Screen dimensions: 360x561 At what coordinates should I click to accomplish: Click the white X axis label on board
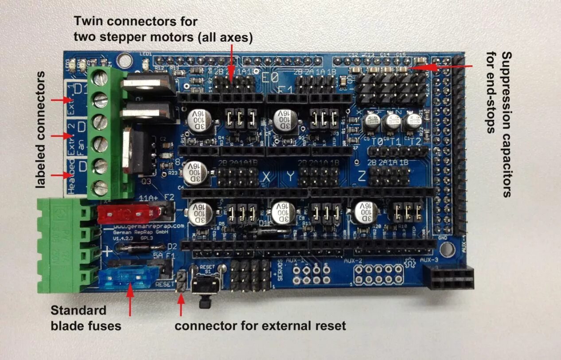pyautogui.click(x=267, y=177)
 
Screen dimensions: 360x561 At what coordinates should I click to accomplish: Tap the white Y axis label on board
pyautogui.click(x=290, y=177)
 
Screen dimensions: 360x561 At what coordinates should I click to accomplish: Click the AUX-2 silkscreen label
pyautogui.click(x=354, y=259)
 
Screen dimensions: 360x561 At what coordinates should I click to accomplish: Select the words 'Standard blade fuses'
pyautogui.click(x=86, y=318)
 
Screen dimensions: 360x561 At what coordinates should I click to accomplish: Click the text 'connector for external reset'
pyautogui.click(x=260, y=326)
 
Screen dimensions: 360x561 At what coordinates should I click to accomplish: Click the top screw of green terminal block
pyautogui.click(x=101, y=78)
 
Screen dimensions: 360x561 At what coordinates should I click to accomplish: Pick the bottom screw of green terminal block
pyautogui.click(x=101, y=187)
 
